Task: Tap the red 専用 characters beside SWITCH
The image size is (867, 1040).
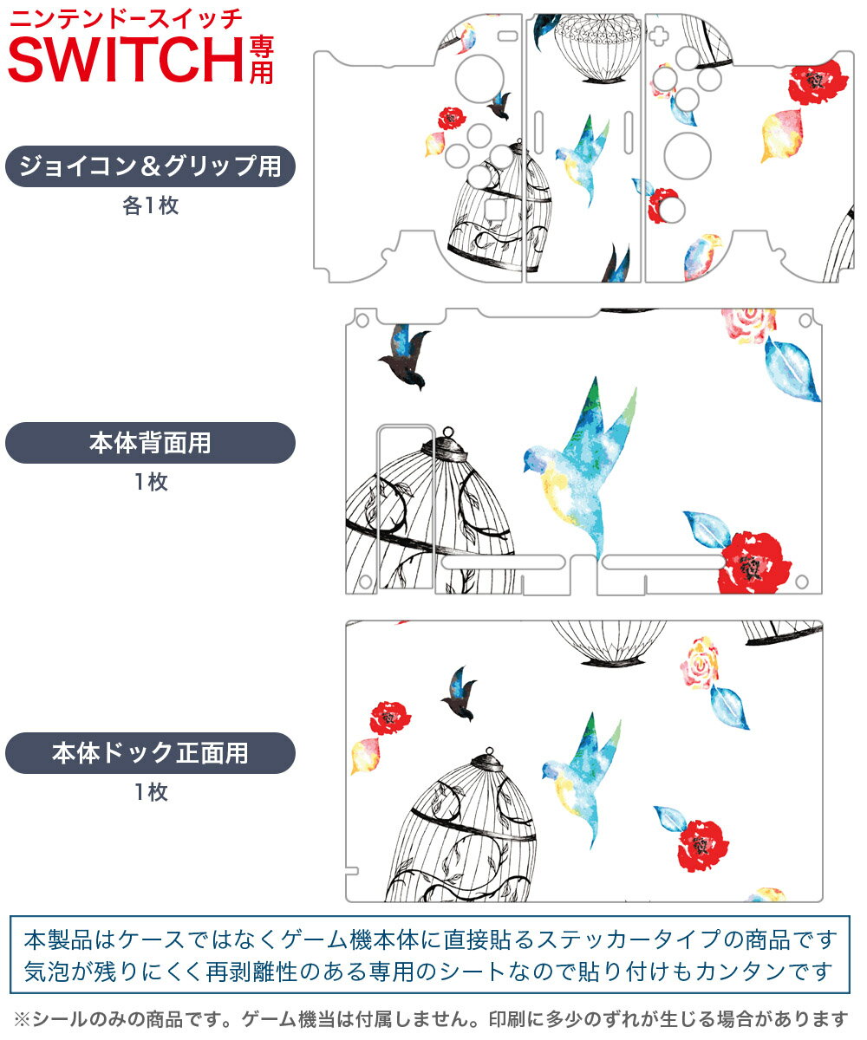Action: (x=262, y=60)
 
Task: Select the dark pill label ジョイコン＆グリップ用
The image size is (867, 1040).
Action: (x=150, y=166)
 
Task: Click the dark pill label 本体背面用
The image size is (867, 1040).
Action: (x=150, y=443)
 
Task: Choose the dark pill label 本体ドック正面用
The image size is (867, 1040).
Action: (x=150, y=752)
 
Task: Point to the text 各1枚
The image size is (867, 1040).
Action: (x=151, y=205)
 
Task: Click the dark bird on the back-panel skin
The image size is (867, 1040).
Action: (x=406, y=356)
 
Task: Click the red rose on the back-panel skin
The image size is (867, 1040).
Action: (x=754, y=562)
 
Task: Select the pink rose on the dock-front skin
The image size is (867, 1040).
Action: (x=700, y=662)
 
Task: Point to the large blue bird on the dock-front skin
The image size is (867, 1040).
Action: (x=582, y=778)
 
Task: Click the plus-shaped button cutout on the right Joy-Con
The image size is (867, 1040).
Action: (x=658, y=36)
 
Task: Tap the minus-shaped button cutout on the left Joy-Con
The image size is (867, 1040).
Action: (x=508, y=36)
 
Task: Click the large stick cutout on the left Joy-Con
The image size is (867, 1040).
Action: (x=479, y=79)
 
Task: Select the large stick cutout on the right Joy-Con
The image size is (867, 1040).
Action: (x=688, y=156)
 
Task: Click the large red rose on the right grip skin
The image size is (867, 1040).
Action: (x=818, y=82)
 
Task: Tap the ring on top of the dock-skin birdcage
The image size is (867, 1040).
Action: (x=489, y=751)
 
